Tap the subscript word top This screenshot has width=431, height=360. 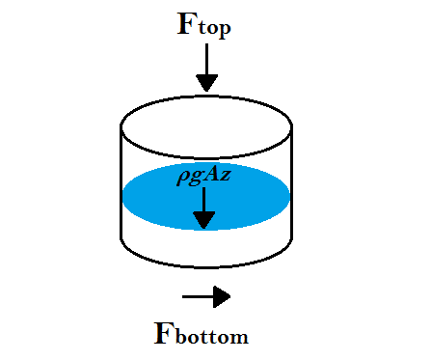click(214, 29)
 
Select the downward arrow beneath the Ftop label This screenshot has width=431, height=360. click(206, 67)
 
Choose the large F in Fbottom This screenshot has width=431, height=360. click(165, 332)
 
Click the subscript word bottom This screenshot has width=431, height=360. click(214, 337)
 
